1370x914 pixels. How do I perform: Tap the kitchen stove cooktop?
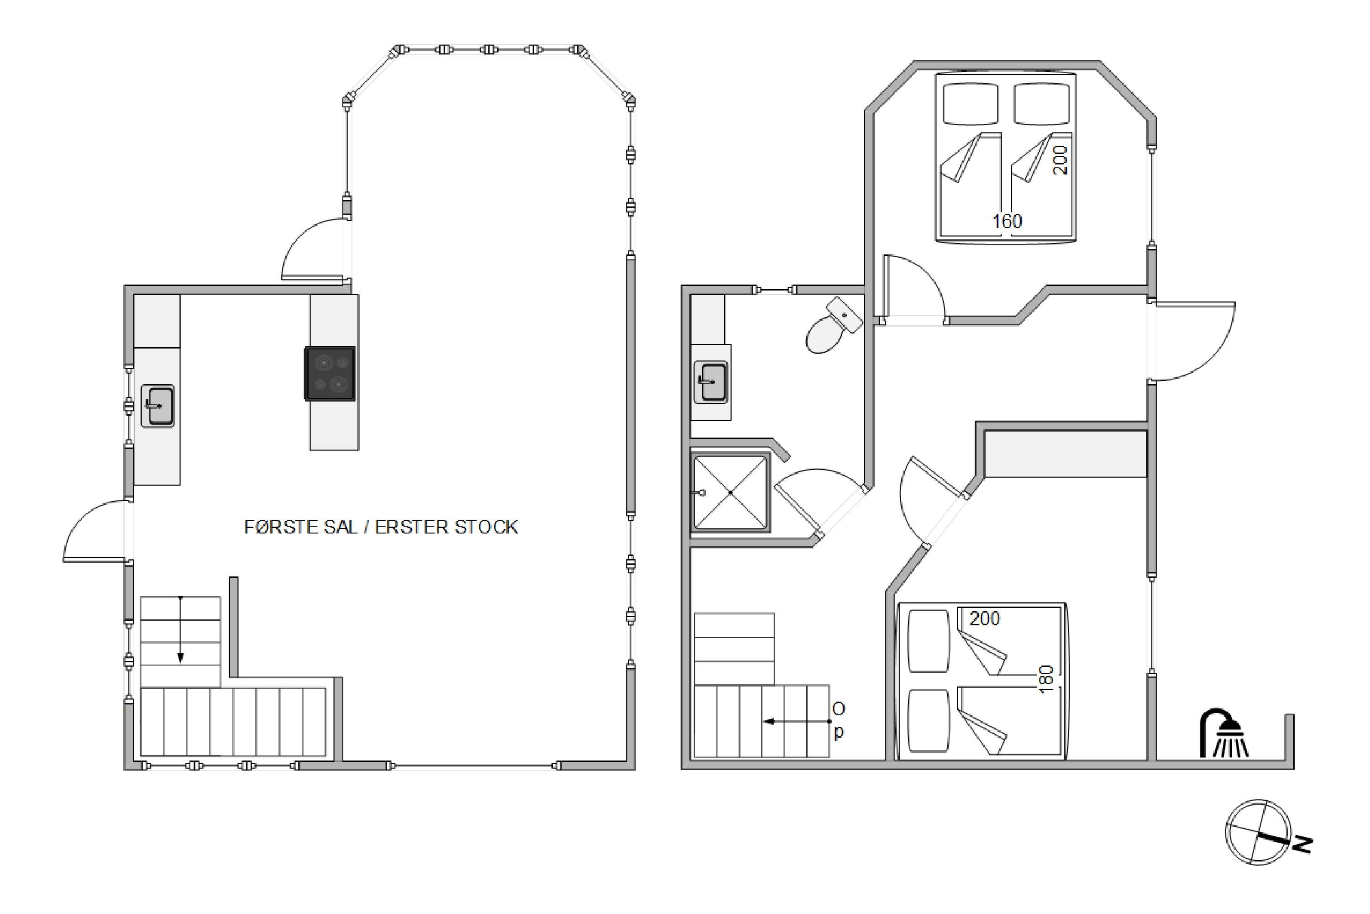click(330, 374)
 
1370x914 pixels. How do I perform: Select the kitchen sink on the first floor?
click(158, 406)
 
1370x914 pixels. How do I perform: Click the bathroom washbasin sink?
click(711, 382)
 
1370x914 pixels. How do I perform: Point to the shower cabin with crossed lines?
click(730, 492)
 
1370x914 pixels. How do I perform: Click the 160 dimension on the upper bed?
click(1007, 222)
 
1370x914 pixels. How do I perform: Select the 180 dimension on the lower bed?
click(1046, 679)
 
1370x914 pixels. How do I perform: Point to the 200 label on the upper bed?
click(1060, 160)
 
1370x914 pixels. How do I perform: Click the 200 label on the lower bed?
click(984, 618)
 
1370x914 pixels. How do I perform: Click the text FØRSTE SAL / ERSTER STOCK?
click(381, 527)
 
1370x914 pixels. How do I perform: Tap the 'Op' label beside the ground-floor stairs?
click(839, 720)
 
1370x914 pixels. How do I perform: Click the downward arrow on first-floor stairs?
click(181, 629)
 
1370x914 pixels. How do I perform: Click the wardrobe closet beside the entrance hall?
click(1066, 454)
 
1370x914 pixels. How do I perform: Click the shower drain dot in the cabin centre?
click(730, 492)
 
